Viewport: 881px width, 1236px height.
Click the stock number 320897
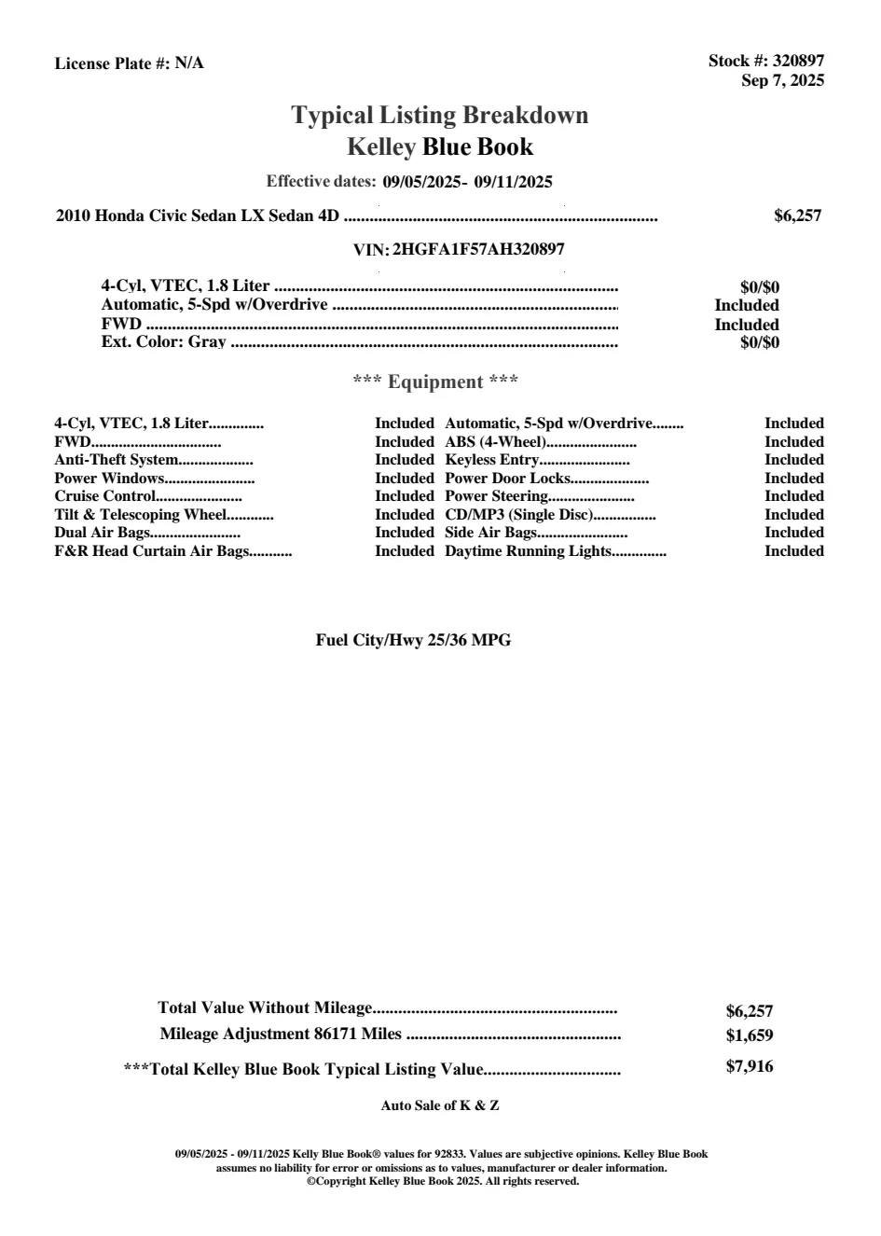tap(799, 61)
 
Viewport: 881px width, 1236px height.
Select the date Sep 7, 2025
tap(782, 80)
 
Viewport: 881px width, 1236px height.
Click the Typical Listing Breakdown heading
tap(440, 115)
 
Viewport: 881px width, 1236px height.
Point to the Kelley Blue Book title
tap(440, 146)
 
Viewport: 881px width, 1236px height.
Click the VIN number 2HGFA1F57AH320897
tap(478, 249)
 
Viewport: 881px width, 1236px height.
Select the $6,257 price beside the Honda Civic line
tap(797, 215)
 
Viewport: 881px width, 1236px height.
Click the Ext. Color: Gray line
tap(163, 342)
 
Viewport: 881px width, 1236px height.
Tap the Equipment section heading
tap(435, 382)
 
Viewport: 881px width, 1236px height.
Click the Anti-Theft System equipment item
tap(116, 460)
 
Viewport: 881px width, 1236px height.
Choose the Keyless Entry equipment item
tap(491, 460)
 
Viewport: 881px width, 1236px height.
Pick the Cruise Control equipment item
tap(104, 496)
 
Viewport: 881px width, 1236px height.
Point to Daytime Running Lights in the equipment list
tap(528, 551)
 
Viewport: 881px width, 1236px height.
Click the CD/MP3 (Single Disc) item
tap(519, 515)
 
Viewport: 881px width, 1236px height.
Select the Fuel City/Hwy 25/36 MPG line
tap(413, 640)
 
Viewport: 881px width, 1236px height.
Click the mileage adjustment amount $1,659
tap(750, 1035)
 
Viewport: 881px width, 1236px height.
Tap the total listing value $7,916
tap(750, 1066)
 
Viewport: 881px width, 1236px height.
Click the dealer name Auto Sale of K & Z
tap(440, 1105)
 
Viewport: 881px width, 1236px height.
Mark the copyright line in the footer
tap(443, 1181)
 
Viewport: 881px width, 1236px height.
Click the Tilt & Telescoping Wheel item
tap(140, 515)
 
